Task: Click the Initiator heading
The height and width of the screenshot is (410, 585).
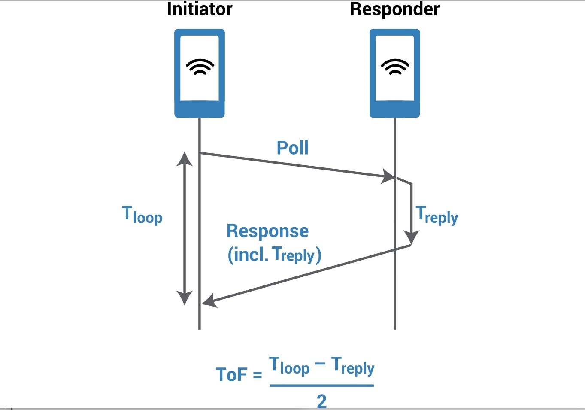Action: (x=200, y=9)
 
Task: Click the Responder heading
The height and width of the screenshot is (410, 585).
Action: (x=394, y=10)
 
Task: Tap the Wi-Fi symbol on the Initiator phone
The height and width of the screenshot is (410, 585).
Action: (x=200, y=67)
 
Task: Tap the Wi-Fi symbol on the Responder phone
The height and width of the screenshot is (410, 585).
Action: (x=395, y=67)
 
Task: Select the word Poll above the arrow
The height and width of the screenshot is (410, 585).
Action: (x=293, y=148)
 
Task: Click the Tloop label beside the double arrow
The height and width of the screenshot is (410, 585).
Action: (x=142, y=215)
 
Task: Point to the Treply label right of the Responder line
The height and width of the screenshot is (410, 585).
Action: (x=436, y=216)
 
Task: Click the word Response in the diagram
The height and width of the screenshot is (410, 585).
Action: (x=267, y=231)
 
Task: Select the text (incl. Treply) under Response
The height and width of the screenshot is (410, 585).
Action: (x=274, y=255)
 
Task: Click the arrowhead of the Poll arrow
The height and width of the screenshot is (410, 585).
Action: (x=388, y=176)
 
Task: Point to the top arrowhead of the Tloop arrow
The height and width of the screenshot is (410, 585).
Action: (x=185, y=158)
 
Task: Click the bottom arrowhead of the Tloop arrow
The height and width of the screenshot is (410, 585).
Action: (x=185, y=298)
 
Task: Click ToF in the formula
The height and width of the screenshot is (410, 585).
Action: (x=231, y=374)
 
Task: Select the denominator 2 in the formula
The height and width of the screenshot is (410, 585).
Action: (x=322, y=401)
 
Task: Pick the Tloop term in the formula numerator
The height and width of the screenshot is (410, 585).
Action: (x=289, y=366)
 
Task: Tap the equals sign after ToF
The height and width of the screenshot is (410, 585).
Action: (x=258, y=375)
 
